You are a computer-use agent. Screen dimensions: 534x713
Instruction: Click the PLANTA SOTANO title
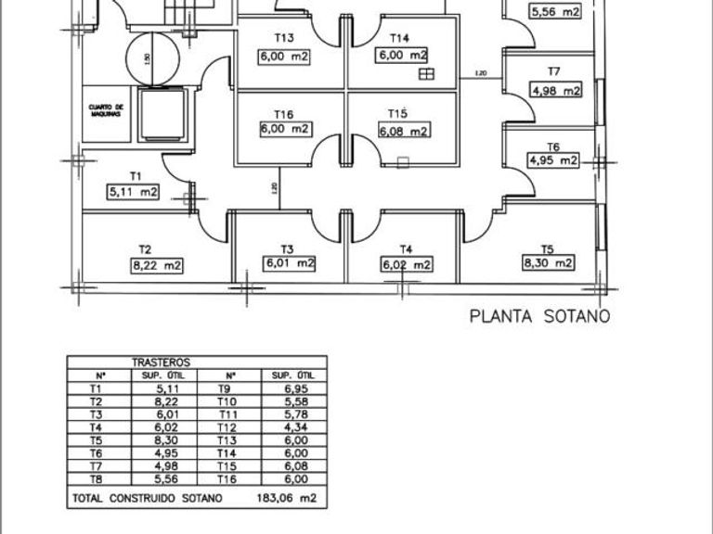(540, 317)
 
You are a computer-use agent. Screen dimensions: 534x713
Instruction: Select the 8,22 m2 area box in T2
(156, 265)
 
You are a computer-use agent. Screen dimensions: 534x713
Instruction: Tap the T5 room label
(547, 248)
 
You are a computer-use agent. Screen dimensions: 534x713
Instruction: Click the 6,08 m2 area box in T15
(404, 131)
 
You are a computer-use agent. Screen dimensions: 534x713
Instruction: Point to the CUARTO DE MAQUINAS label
(106, 110)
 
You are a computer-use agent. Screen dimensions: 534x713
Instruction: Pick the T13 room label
(284, 38)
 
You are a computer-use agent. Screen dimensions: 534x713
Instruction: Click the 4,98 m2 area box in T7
(555, 90)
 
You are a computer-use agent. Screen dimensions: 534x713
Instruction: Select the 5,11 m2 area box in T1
(134, 192)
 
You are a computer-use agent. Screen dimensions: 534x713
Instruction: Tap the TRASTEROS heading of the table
(162, 363)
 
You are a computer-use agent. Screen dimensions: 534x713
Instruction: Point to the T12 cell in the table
(227, 427)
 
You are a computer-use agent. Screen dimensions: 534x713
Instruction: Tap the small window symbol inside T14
(426, 74)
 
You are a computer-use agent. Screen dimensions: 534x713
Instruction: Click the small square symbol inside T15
(402, 164)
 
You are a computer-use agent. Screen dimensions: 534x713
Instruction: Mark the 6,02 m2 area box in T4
(406, 265)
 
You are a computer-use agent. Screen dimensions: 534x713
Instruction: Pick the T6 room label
(552, 146)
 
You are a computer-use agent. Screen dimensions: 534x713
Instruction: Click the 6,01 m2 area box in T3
(290, 264)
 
